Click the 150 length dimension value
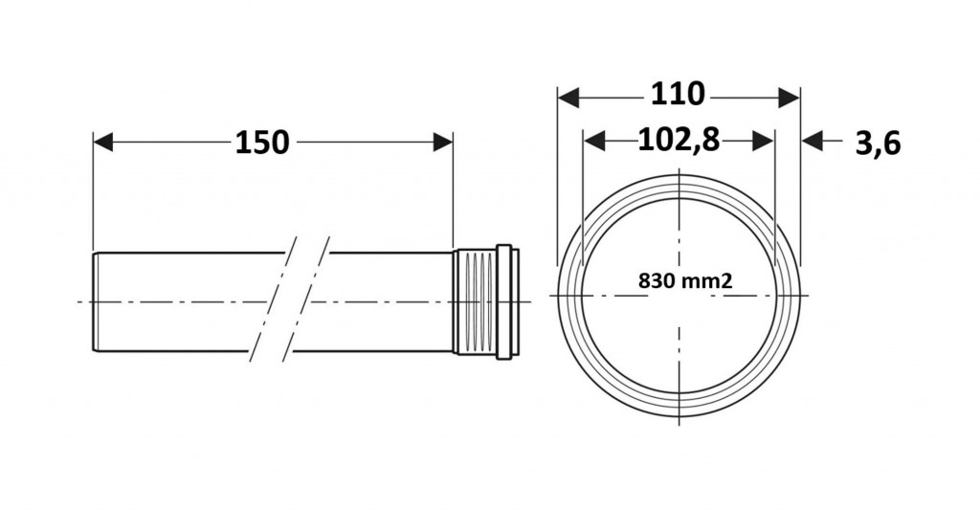pyautogui.click(x=262, y=143)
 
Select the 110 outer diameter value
pyautogui.click(x=678, y=95)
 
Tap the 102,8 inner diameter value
pyautogui.click(x=679, y=140)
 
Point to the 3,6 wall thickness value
pyautogui.click(x=878, y=144)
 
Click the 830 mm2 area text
pyautogui.click(x=685, y=280)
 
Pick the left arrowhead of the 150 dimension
pyautogui.click(x=103, y=142)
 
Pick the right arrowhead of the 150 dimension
pyautogui.click(x=442, y=142)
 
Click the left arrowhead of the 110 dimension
pyautogui.click(x=568, y=98)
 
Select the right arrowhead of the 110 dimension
pyautogui.click(x=790, y=98)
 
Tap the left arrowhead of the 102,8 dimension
pyautogui.click(x=593, y=142)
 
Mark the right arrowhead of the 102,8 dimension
pyautogui.click(x=764, y=142)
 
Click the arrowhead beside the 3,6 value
pyautogui.click(x=812, y=142)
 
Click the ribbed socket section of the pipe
pyautogui.click(x=475, y=302)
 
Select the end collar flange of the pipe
pyautogui.click(x=507, y=301)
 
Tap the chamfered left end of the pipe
pyautogui.click(x=95, y=301)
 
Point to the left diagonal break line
pyautogui.click(x=271, y=299)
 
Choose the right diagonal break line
pyautogui.click(x=306, y=299)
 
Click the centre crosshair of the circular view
pyautogui.click(x=679, y=295)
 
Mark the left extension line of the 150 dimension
pyautogui.click(x=93, y=190)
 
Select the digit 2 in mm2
pyautogui.click(x=727, y=280)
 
